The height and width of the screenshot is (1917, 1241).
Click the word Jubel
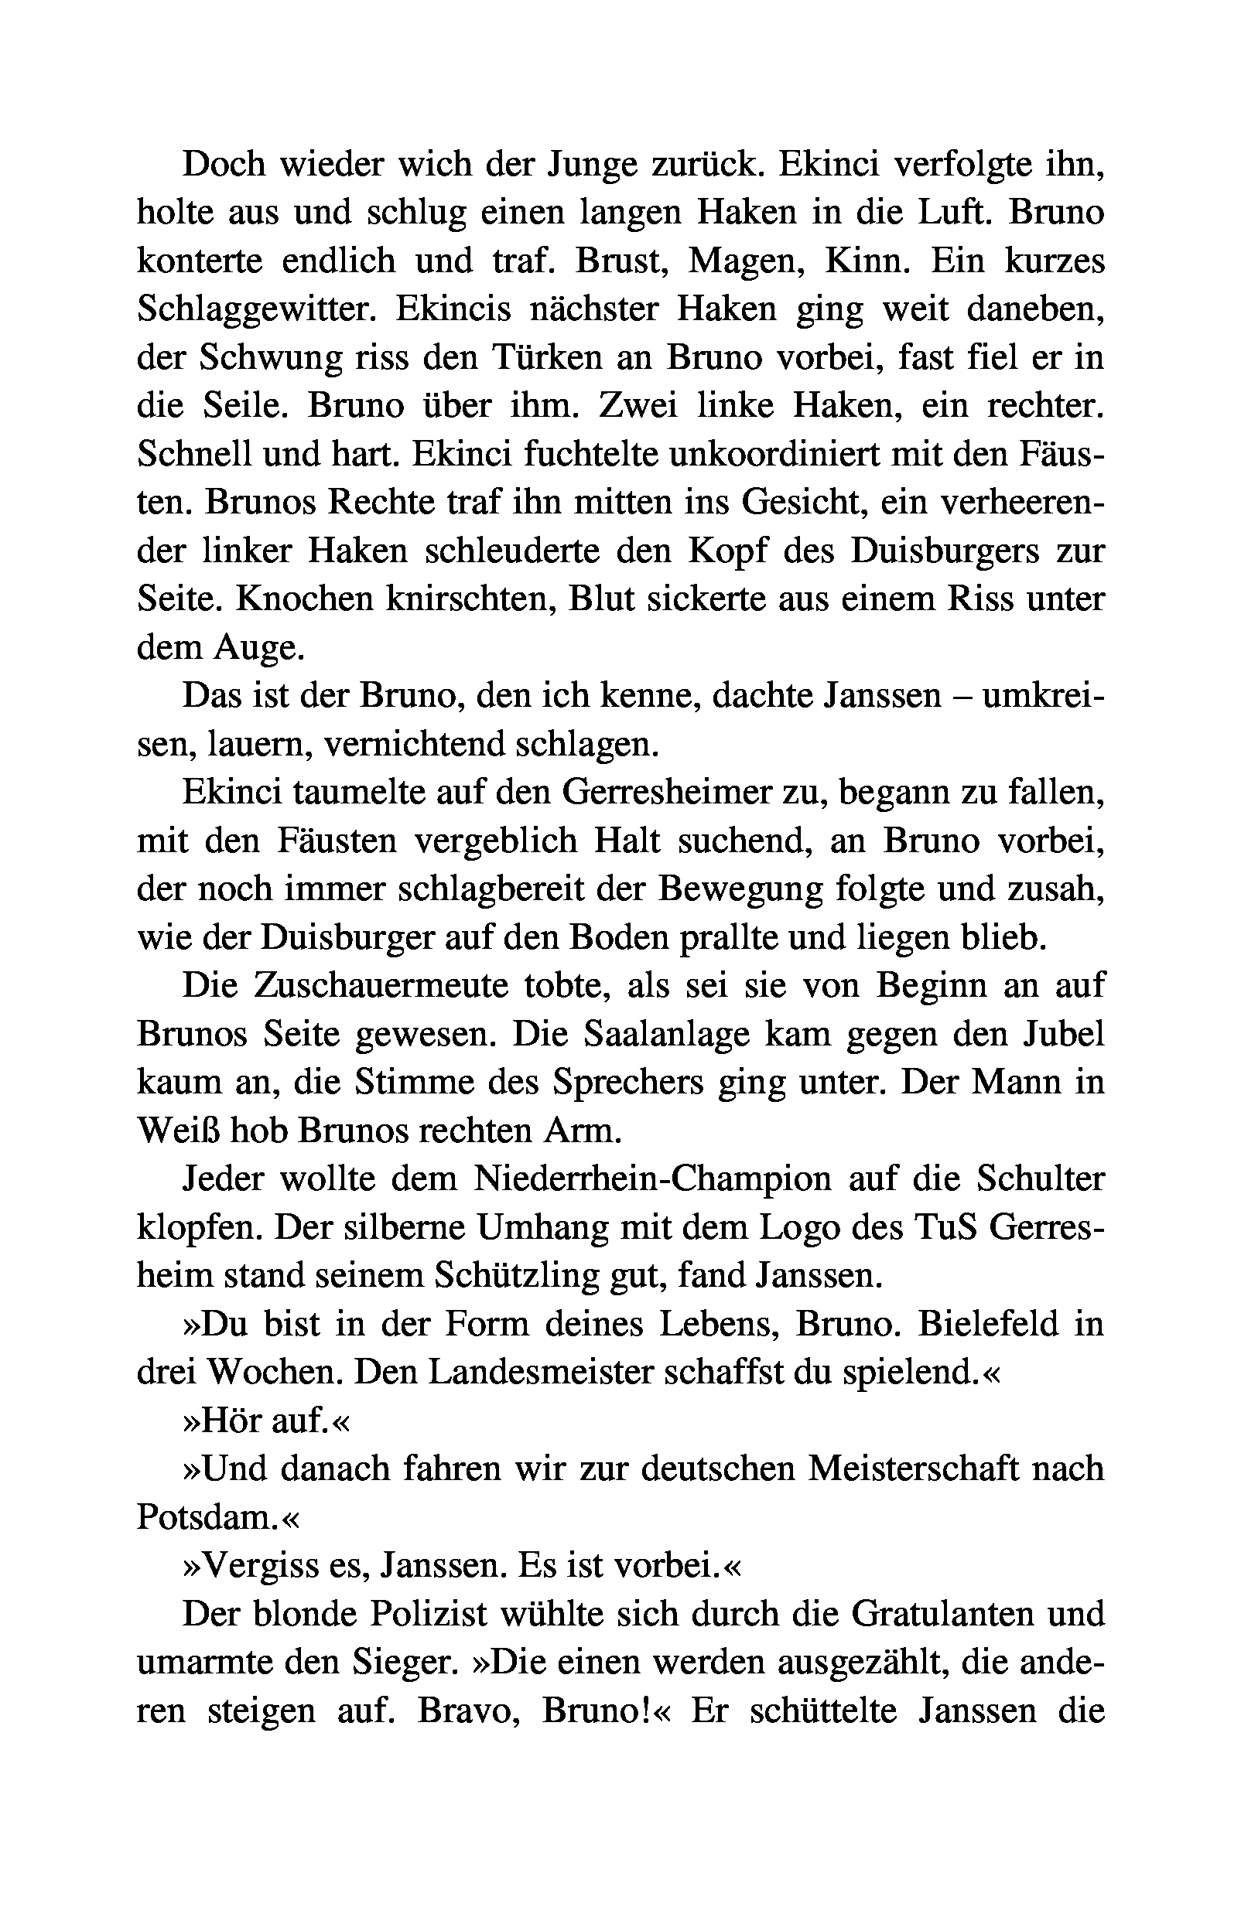tap(1056, 1035)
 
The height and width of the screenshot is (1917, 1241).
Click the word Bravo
tap(470, 1711)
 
